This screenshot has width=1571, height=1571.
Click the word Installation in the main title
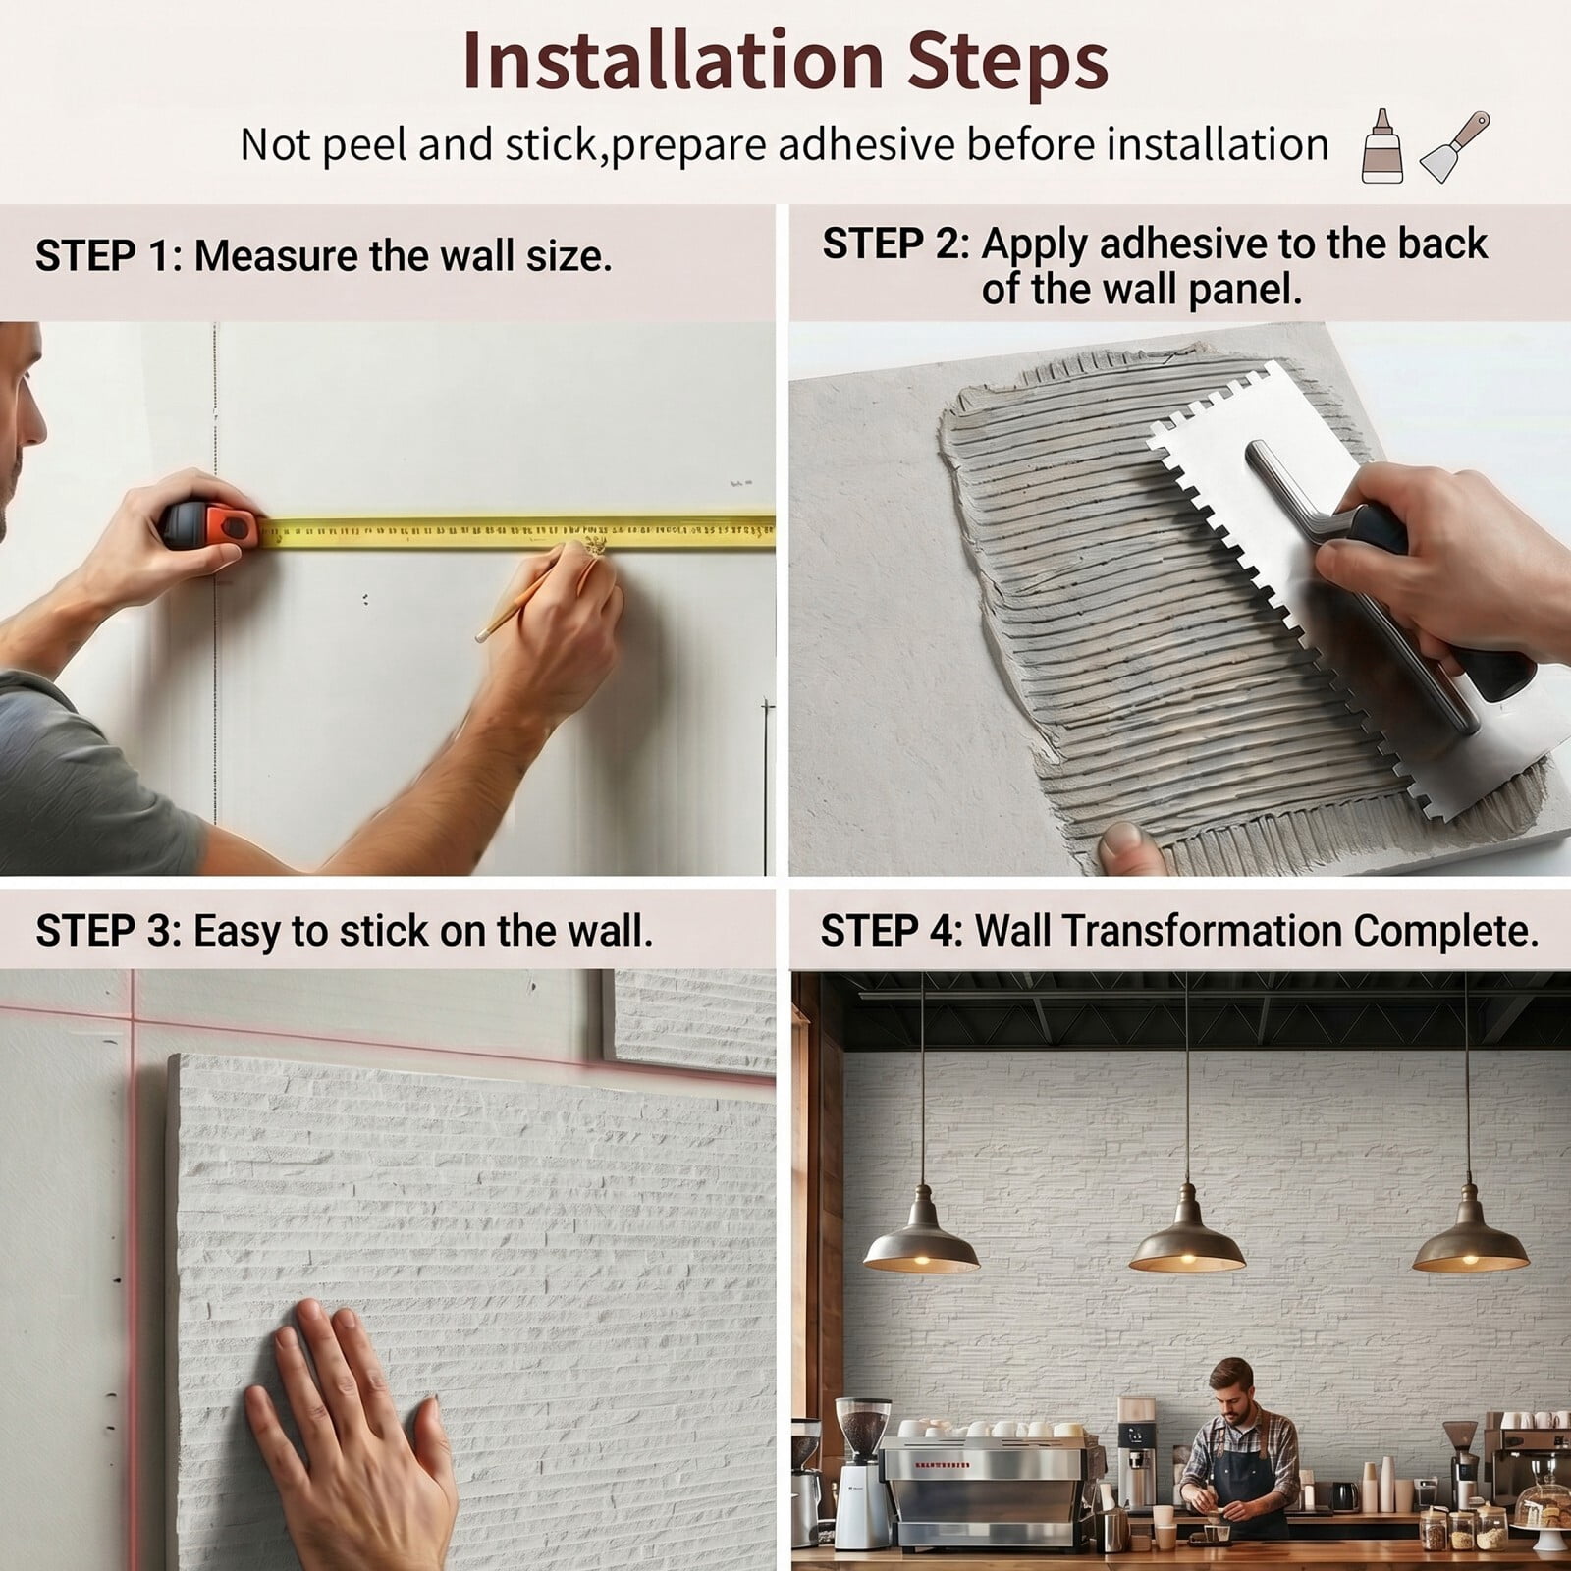coord(674,61)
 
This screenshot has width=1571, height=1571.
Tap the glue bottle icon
coord(1379,146)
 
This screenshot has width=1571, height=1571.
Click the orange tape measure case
coord(210,525)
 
